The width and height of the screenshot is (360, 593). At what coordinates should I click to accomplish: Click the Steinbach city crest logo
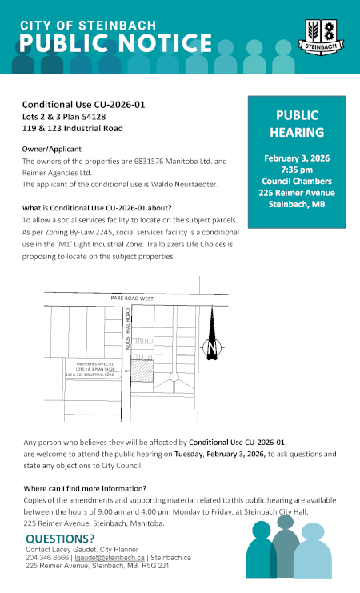click(x=325, y=36)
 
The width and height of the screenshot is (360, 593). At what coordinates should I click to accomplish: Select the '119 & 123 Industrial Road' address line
click(x=72, y=128)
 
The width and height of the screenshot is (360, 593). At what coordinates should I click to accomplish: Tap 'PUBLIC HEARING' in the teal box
click(x=296, y=123)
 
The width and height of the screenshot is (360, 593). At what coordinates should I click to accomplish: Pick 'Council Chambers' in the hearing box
click(x=296, y=182)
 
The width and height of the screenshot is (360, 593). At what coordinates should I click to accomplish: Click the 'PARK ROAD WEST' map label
click(x=131, y=299)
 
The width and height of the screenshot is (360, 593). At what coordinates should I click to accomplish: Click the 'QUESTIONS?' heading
click(x=59, y=538)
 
